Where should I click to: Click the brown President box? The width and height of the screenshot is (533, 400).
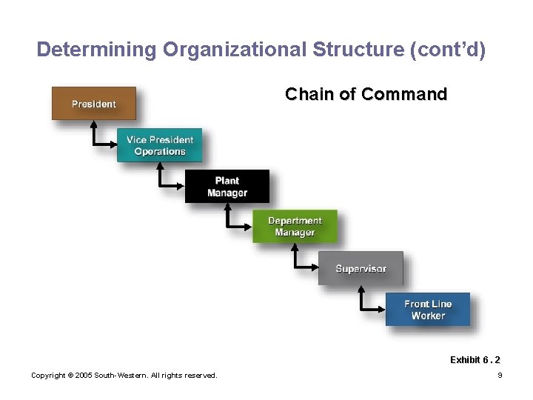pos(93,104)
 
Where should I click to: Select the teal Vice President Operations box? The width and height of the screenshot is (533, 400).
pos(159,145)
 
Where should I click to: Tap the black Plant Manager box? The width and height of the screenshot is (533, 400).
pos(227,187)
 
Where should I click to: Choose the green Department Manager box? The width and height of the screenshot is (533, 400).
pos(295,227)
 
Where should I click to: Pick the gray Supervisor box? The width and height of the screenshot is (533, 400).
pos(361,268)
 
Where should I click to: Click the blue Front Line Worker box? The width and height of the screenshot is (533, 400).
pos(427,310)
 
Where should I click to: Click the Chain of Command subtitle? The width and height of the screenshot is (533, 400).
pos(366,95)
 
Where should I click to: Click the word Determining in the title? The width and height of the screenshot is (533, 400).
pos(97,50)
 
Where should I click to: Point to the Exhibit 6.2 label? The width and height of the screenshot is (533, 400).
pos(475,360)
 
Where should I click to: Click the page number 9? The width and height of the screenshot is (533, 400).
pos(500,376)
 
